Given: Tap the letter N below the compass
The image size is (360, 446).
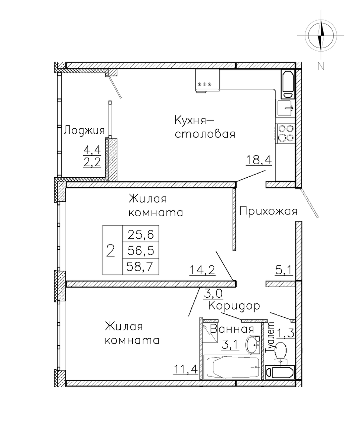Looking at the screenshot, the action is point(321,66).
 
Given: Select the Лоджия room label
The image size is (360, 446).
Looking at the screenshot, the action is point(84,130).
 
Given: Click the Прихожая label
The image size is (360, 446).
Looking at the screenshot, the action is point(268,211).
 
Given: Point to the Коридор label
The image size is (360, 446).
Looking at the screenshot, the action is point(234,306).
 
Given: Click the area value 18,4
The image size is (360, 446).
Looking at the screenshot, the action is point(259,160).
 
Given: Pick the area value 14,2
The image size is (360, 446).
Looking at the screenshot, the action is point(202,270).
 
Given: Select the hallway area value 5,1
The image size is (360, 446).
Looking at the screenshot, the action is point(284,270).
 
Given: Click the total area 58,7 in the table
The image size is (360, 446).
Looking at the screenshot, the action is point(140,267).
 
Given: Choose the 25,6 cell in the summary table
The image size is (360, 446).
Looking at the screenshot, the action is point(141,234).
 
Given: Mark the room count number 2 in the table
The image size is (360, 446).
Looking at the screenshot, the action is point(110,251).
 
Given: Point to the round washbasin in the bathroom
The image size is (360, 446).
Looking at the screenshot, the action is point(253,345).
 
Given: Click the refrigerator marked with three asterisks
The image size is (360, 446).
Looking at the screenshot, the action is point(207,81).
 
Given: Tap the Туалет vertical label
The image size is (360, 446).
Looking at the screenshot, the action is point(270,338).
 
